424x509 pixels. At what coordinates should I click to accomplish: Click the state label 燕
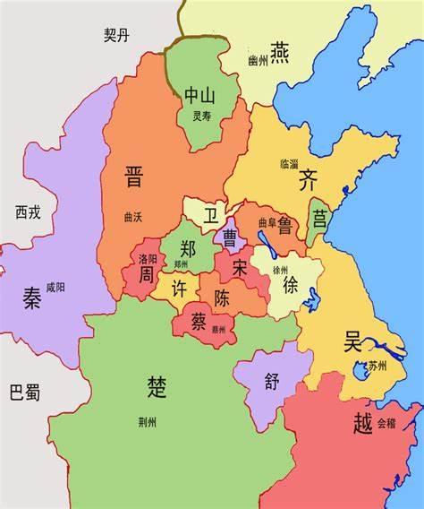280,50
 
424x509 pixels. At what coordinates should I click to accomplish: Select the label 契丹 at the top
117,34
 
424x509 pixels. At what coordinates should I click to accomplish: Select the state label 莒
319,218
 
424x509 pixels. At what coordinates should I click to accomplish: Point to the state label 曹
230,237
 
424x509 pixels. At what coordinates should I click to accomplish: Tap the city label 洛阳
148,258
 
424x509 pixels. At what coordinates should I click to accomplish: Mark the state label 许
179,291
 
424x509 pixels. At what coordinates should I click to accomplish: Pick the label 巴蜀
25,392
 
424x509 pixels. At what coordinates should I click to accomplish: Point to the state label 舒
272,380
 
